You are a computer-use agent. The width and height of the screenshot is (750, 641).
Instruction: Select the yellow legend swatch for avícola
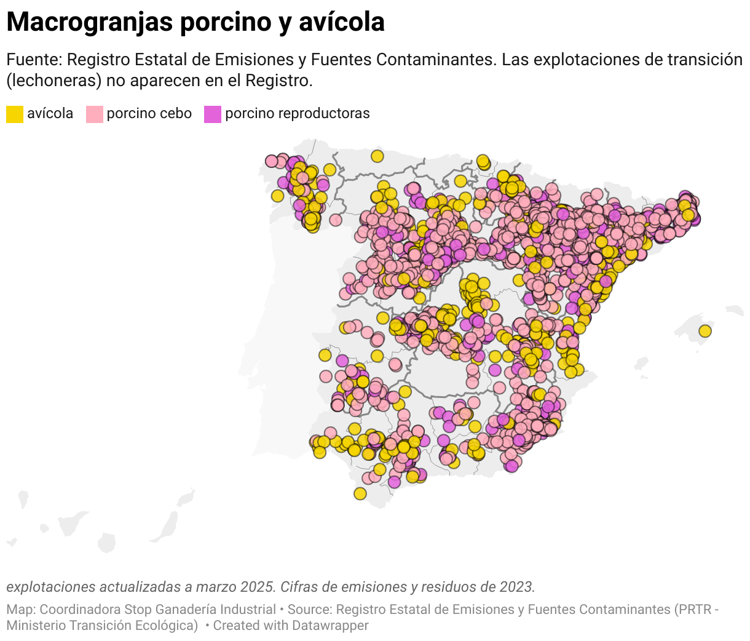click(15, 114)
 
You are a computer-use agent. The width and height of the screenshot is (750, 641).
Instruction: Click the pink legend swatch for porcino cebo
click(94, 114)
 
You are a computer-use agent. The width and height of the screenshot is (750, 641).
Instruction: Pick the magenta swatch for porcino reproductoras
click(213, 114)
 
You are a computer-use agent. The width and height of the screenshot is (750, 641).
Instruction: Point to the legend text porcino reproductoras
click(297, 114)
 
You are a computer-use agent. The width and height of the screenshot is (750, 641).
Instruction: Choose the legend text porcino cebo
click(149, 114)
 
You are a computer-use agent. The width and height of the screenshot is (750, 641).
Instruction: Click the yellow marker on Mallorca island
click(705, 331)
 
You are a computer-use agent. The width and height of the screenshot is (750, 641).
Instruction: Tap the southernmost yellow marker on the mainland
click(360, 493)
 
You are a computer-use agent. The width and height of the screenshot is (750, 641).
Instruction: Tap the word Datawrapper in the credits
click(330, 626)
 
